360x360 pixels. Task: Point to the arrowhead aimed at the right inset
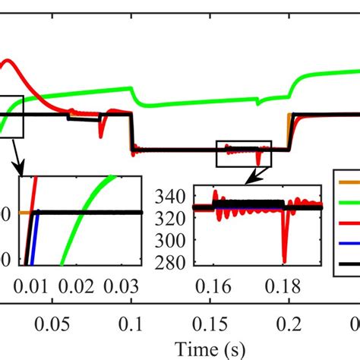[x=248, y=181]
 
